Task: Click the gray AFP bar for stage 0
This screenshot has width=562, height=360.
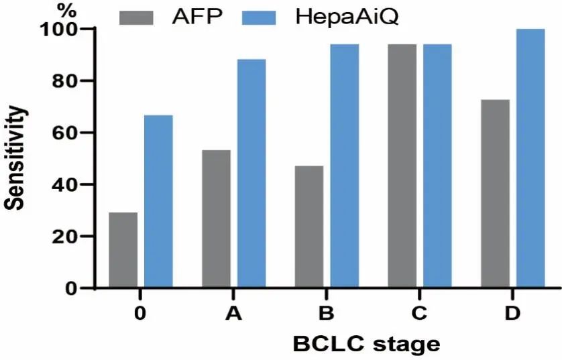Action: click(x=123, y=250)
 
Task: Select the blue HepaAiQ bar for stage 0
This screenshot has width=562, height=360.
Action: click(x=159, y=201)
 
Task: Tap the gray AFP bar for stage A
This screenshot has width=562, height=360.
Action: click(x=216, y=219)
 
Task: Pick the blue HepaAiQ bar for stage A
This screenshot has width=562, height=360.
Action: click(x=251, y=174)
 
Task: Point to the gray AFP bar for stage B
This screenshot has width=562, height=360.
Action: click(x=308, y=227)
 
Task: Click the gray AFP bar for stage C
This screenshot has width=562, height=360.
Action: click(x=402, y=166)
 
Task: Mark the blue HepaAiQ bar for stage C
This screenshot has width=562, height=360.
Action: click(x=437, y=166)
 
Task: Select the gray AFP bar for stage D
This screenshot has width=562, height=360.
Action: click(x=495, y=194)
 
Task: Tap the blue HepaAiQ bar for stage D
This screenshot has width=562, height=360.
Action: click(x=530, y=158)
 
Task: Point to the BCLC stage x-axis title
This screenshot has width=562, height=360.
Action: click(x=366, y=345)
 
